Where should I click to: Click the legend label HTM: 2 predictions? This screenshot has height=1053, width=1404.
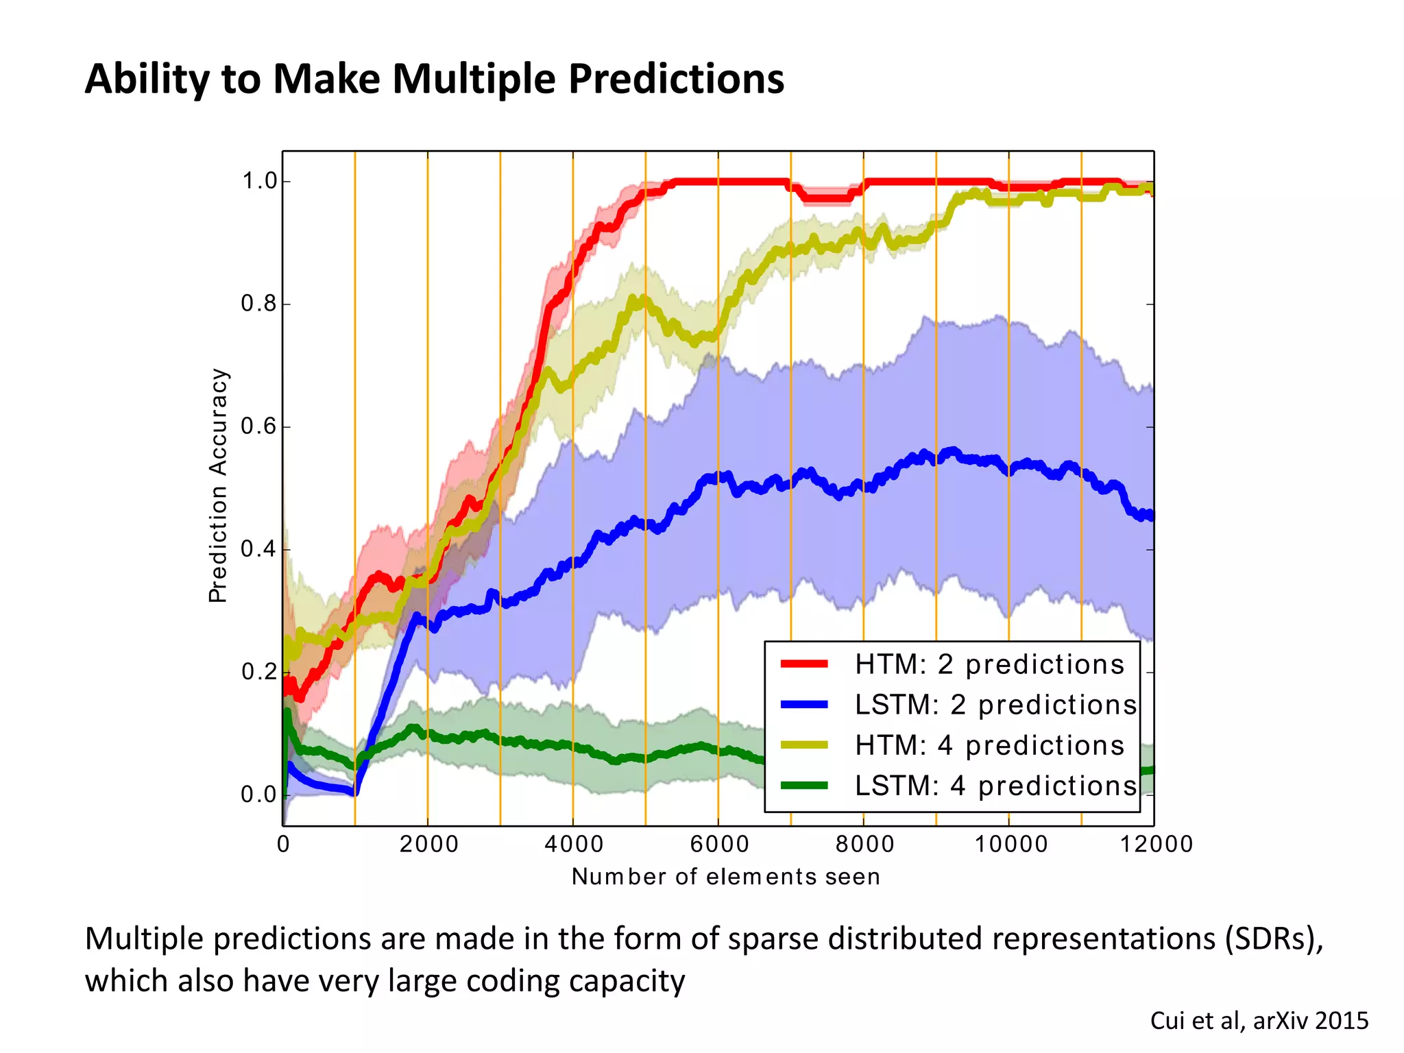click(x=989, y=664)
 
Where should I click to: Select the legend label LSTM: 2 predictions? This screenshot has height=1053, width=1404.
click(x=995, y=705)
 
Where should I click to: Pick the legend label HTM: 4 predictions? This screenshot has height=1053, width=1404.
click(x=989, y=745)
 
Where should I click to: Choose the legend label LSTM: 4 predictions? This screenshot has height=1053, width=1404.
click(x=995, y=786)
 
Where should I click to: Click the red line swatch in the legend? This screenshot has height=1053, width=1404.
click(x=804, y=664)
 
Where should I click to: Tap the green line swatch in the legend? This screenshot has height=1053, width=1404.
click(x=804, y=786)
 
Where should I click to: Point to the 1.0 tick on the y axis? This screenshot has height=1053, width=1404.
click(x=259, y=182)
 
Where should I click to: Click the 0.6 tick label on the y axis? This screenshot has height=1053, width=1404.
click(x=259, y=426)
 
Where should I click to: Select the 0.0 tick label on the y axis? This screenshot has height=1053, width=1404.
click(x=259, y=795)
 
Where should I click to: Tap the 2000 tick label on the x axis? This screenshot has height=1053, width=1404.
click(x=428, y=844)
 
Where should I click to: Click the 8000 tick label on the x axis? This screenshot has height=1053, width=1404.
click(x=864, y=844)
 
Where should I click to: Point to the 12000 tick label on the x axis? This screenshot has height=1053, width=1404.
click(x=1156, y=844)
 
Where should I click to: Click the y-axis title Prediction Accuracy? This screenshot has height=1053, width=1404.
click(x=218, y=485)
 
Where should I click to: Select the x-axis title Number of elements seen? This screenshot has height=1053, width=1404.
click(x=725, y=877)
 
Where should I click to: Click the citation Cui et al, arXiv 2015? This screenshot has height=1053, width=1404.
click(x=1259, y=1021)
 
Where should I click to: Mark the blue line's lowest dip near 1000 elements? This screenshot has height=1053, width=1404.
click(x=353, y=793)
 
